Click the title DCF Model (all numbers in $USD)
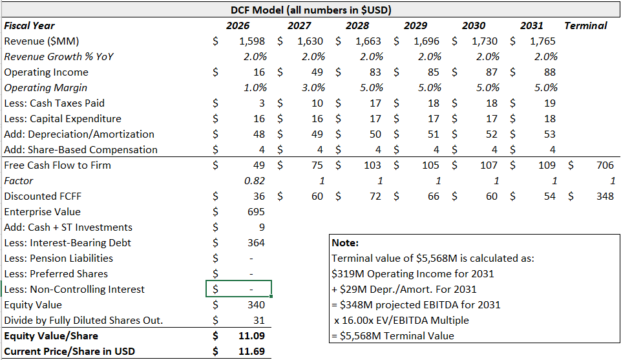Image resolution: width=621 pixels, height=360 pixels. pyautogui.click(x=311, y=10)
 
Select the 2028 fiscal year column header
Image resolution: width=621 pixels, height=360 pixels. pyautogui.click(x=357, y=26)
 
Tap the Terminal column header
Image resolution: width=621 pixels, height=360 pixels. pyautogui.click(x=585, y=26)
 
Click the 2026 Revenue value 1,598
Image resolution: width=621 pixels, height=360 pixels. pyautogui.click(x=251, y=41)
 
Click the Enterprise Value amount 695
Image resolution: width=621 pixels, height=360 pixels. pyautogui.click(x=256, y=212)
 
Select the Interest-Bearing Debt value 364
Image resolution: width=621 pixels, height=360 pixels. pyautogui.click(x=256, y=243)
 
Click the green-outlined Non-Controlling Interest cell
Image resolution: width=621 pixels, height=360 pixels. pyautogui.click(x=238, y=290)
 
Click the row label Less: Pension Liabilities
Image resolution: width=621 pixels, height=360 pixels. pyautogui.click(x=58, y=259)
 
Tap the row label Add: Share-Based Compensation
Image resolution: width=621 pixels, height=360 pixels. pyautogui.click(x=81, y=150)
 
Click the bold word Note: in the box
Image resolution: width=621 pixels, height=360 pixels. pyautogui.click(x=344, y=243)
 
